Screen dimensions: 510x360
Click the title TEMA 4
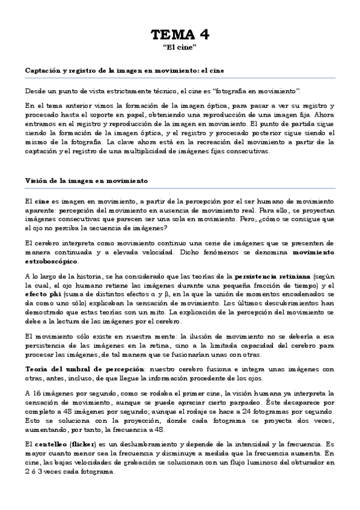180,34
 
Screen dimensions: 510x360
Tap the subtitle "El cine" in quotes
180,48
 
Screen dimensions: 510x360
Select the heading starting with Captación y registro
124,70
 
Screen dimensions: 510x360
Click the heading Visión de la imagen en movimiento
87,180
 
